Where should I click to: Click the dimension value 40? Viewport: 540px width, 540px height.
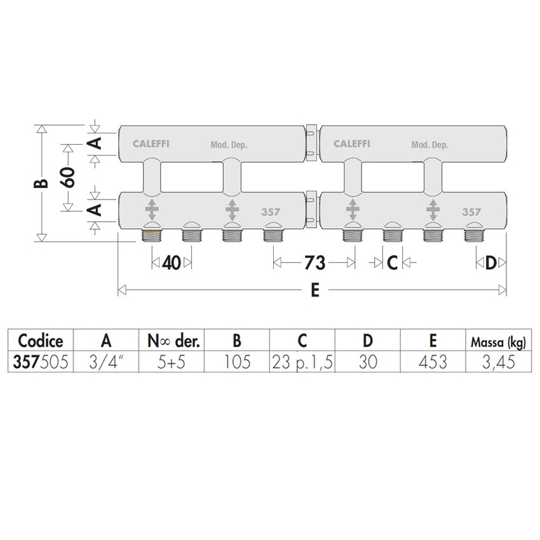(x=172, y=263)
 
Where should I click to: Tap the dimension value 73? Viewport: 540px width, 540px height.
(x=314, y=263)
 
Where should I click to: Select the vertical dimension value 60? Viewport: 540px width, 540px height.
(x=68, y=177)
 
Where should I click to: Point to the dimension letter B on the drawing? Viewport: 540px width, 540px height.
(x=41, y=183)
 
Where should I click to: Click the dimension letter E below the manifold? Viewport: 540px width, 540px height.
(x=315, y=290)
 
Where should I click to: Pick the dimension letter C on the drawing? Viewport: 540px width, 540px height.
(x=392, y=263)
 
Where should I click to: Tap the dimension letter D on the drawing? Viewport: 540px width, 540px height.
(x=490, y=263)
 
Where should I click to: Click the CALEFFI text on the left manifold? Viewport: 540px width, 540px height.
(x=151, y=144)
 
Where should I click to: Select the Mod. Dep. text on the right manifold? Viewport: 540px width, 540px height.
(x=430, y=145)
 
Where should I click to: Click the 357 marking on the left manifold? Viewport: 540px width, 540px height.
(x=271, y=212)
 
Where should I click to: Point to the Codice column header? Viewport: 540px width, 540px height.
(x=41, y=341)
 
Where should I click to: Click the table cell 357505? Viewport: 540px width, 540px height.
(x=41, y=362)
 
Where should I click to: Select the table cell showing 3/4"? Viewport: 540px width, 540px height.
(x=106, y=362)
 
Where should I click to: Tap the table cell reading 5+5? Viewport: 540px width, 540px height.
(x=171, y=362)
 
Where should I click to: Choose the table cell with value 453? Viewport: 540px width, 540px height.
(x=433, y=362)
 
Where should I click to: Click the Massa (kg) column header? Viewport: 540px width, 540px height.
(x=498, y=342)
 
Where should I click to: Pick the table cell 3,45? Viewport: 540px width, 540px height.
(x=498, y=362)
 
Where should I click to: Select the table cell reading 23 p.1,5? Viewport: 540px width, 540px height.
(x=302, y=362)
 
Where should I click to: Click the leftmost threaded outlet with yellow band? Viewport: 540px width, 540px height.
(x=152, y=234)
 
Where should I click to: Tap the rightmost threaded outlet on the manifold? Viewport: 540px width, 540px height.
(x=473, y=234)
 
